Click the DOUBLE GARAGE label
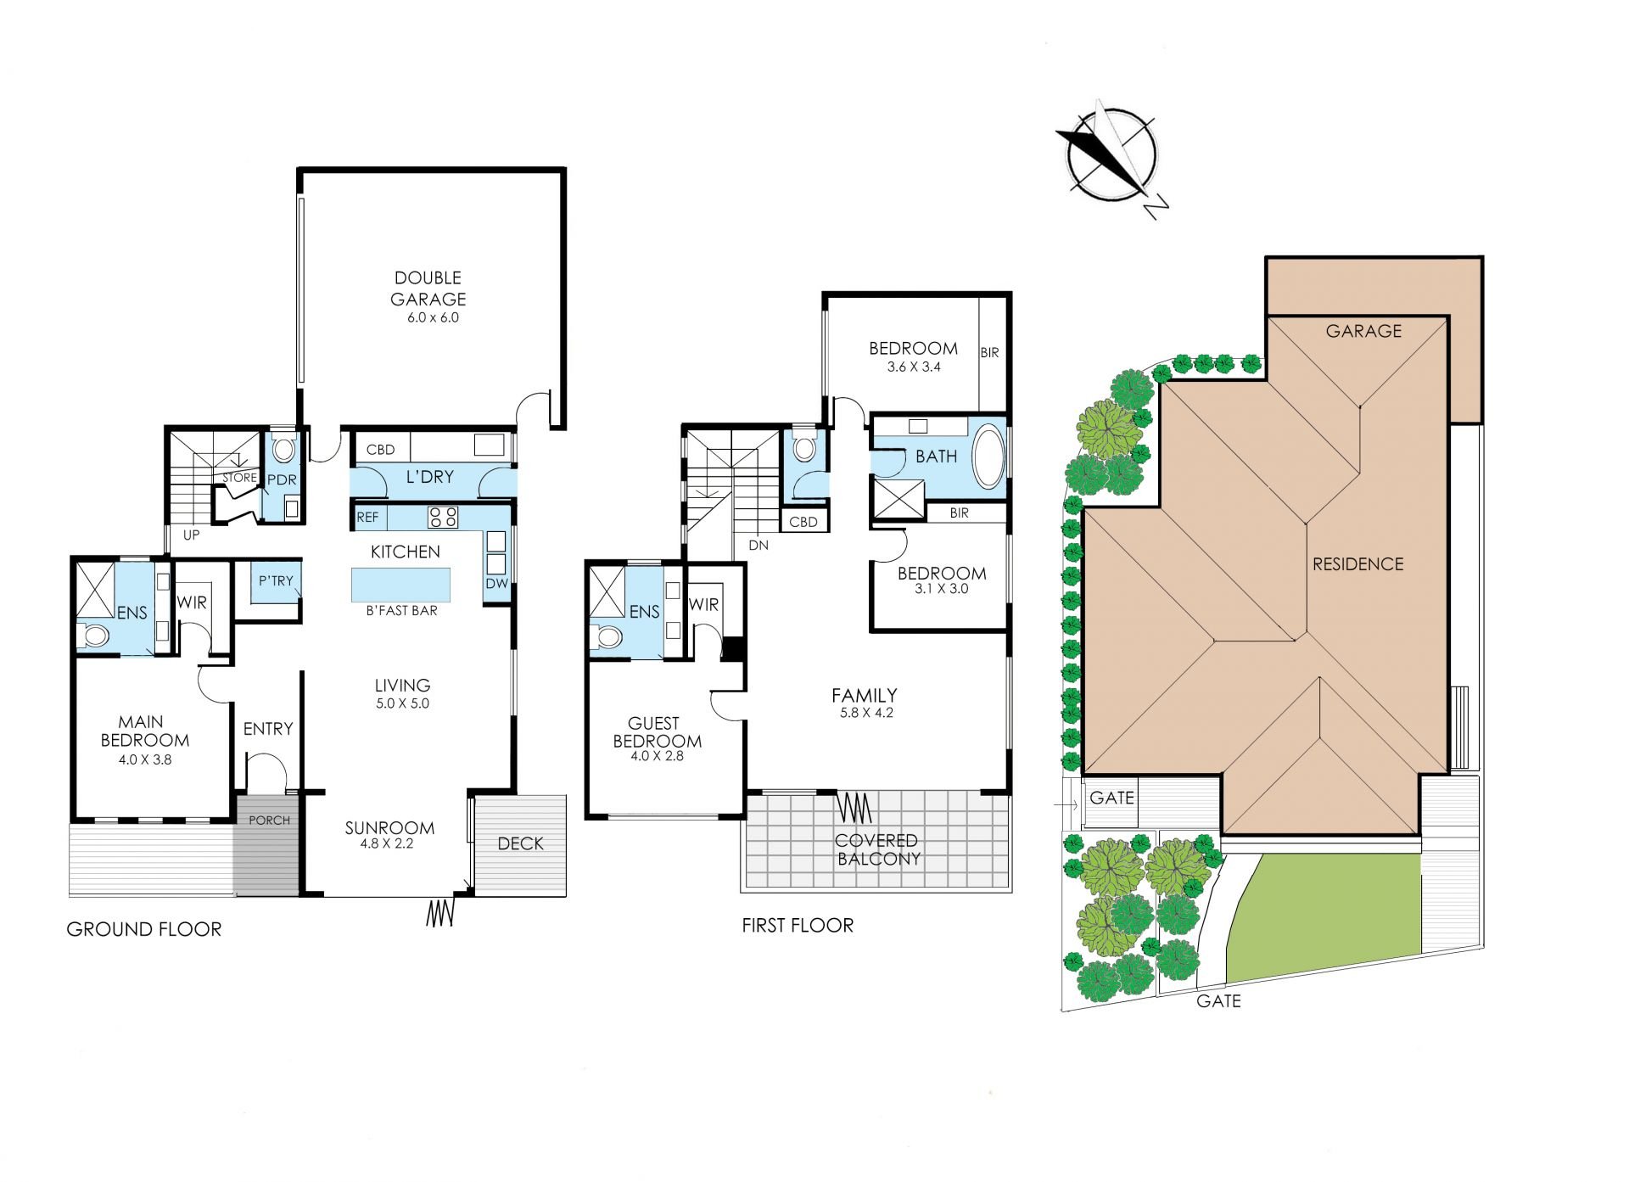(x=428, y=288)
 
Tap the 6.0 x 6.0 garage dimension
(x=433, y=318)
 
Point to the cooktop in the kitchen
(x=443, y=517)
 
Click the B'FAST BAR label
(x=402, y=611)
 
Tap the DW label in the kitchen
(x=496, y=584)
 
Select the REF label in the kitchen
(x=367, y=517)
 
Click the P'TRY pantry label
(x=276, y=581)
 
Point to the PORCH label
(x=269, y=821)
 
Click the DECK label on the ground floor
(x=521, y=843)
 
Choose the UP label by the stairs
(x=192, y=535)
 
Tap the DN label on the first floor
(x=759, y=546)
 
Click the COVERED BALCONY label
(x=877, y=849)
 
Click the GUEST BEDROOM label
(x=658, y=732)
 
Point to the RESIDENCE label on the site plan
(x=1357, y=564)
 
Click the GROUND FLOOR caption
(x=144, y=929)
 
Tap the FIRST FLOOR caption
(x=798, y=925)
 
